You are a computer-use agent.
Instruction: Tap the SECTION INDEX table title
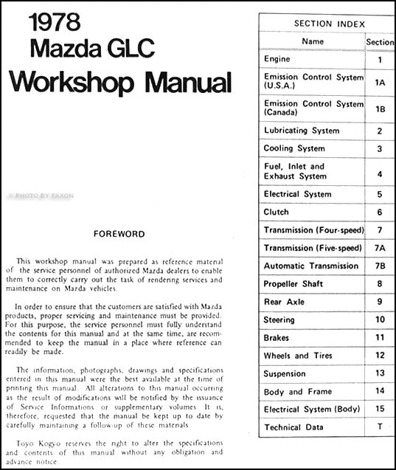(329, 24)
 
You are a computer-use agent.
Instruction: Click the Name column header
(313, 41)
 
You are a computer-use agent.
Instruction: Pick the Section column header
(380, 43)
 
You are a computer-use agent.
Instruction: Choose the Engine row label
(277, 59)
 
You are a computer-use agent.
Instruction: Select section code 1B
(380, 109)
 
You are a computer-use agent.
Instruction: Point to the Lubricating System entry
(302, 131)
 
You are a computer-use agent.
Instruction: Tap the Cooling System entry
(293, 148)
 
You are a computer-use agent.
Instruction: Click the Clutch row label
(277, 211)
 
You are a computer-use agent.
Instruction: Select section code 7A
(380, 248)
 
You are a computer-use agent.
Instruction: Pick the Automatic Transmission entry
(310, 266)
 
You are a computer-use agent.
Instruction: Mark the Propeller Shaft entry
(293, 283)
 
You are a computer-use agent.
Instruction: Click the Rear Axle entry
(283, 302)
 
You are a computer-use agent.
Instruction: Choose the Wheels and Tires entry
(299, 356)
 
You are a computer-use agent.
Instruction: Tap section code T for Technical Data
(380, 427)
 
